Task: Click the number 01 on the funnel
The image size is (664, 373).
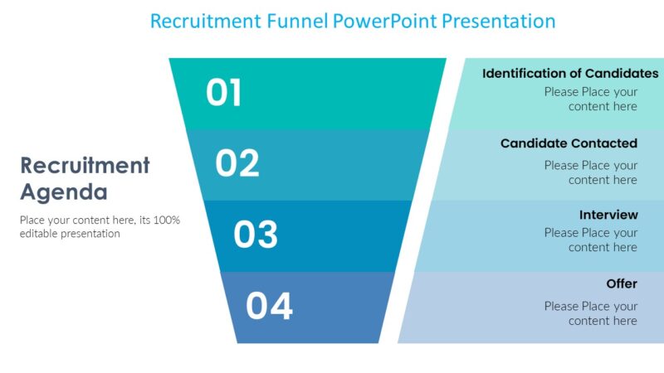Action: [x=224, y=93]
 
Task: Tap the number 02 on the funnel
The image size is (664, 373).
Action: [x=237, y=163]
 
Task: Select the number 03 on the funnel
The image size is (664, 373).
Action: [x=256, y=235]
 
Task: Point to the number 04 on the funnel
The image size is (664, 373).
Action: [x=269, y=306]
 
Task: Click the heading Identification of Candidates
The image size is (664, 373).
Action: [x=570, y=74]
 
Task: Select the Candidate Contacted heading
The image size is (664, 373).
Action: [x=569, y=143]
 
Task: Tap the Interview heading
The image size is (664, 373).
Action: [x=608, y=215]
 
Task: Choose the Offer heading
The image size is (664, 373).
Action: [x=622, y=283]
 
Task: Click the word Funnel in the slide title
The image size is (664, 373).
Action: [x=298, y=21]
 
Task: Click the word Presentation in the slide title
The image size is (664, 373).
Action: [x=498, y=21]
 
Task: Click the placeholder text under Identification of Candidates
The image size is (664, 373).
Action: [x=591, y=99]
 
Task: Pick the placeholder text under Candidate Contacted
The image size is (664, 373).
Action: [x=591, y=172]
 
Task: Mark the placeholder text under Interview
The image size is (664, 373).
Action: [x=591, y=240]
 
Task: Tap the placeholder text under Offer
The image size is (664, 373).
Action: [x=591, y=313]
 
